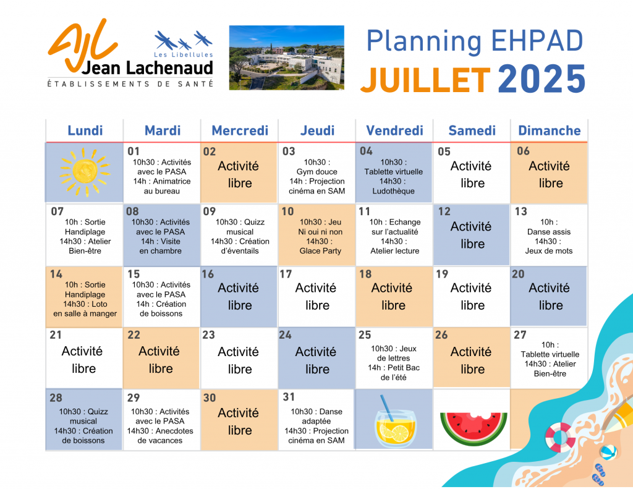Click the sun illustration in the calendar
point(85,172)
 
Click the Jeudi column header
point(317,130)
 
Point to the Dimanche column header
point(550,130)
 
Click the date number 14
point(56,274)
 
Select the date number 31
point(289,397)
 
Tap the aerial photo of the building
point(287,57)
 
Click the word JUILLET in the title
point(425,80)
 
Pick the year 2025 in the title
point(542,79)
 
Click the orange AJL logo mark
point(83,44)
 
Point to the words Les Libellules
point(183,54)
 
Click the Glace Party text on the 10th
point(320,251)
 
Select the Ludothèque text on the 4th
point(394,191)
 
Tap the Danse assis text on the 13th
point(549,232)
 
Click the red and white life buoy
point(560,437)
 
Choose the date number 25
point(365,334)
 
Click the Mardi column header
point(163,130)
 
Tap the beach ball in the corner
point(608,453)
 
